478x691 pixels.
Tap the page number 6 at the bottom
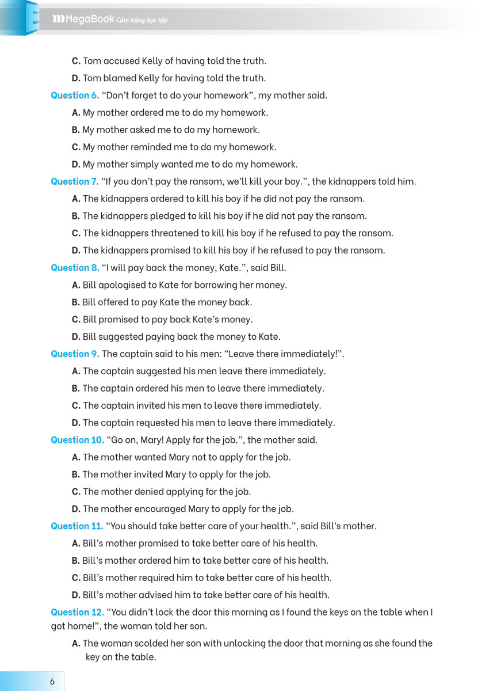[52, 681]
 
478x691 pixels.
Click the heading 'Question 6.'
[75, 95]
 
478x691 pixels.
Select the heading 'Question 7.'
[75, 181]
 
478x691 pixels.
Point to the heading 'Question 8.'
[75, 267]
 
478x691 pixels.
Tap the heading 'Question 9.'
[75, 354]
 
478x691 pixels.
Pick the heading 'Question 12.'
[77, 612]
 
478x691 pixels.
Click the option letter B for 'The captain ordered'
[75, 388]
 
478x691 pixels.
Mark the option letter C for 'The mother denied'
[75, 491]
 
